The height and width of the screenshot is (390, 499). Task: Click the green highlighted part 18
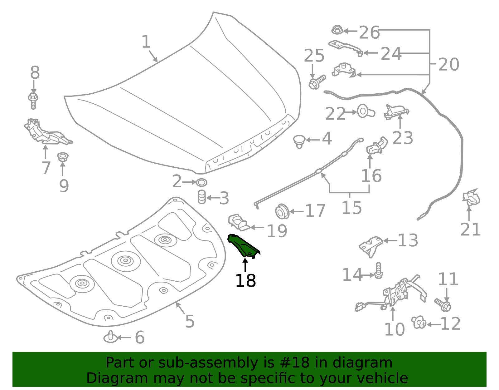[x=243, y=247]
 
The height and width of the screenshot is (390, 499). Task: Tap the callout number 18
[x=245, y=281]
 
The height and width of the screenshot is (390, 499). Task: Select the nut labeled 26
[x=337, y=30]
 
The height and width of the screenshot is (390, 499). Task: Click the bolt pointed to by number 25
[x=317, y=82]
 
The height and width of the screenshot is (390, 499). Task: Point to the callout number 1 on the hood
[x=146, y=42]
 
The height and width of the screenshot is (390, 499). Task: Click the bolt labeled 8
[x=33, y=100]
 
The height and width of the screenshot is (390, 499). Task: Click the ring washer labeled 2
[x=201, y=182]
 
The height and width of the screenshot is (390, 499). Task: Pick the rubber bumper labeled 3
[x=202, y=197]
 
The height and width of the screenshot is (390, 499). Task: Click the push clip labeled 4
[x=299, y=141]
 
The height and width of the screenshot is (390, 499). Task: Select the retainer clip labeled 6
[x=110, y=337]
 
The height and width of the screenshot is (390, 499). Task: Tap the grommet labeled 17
[x=282, y=211]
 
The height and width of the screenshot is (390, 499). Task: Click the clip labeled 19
[x=239, y=222]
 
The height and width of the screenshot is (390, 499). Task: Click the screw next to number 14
[x=378, y=271]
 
